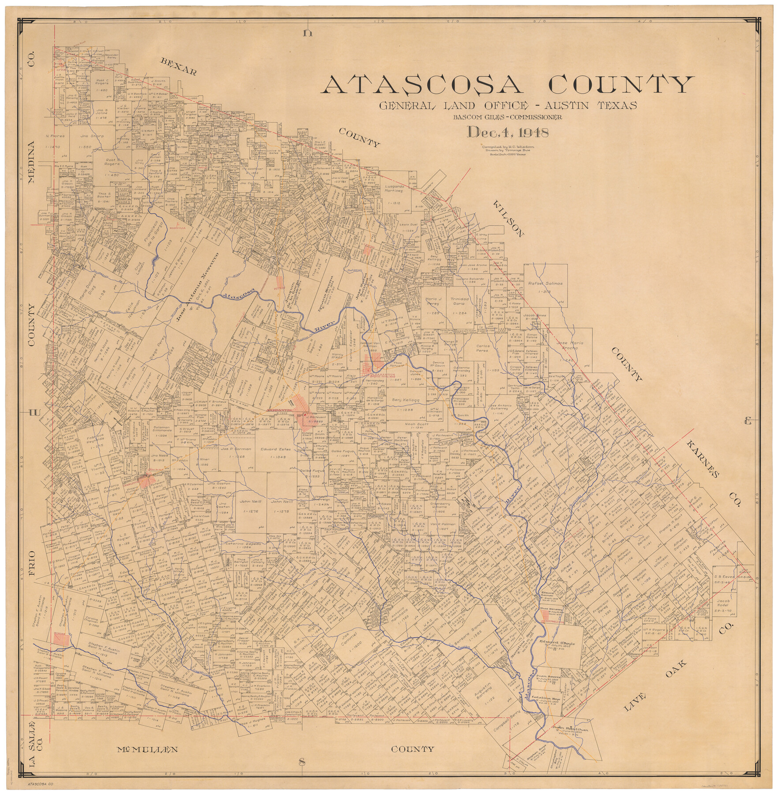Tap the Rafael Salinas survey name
click(x=545, y=284)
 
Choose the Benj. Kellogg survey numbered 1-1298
click(x=406, y=401)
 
